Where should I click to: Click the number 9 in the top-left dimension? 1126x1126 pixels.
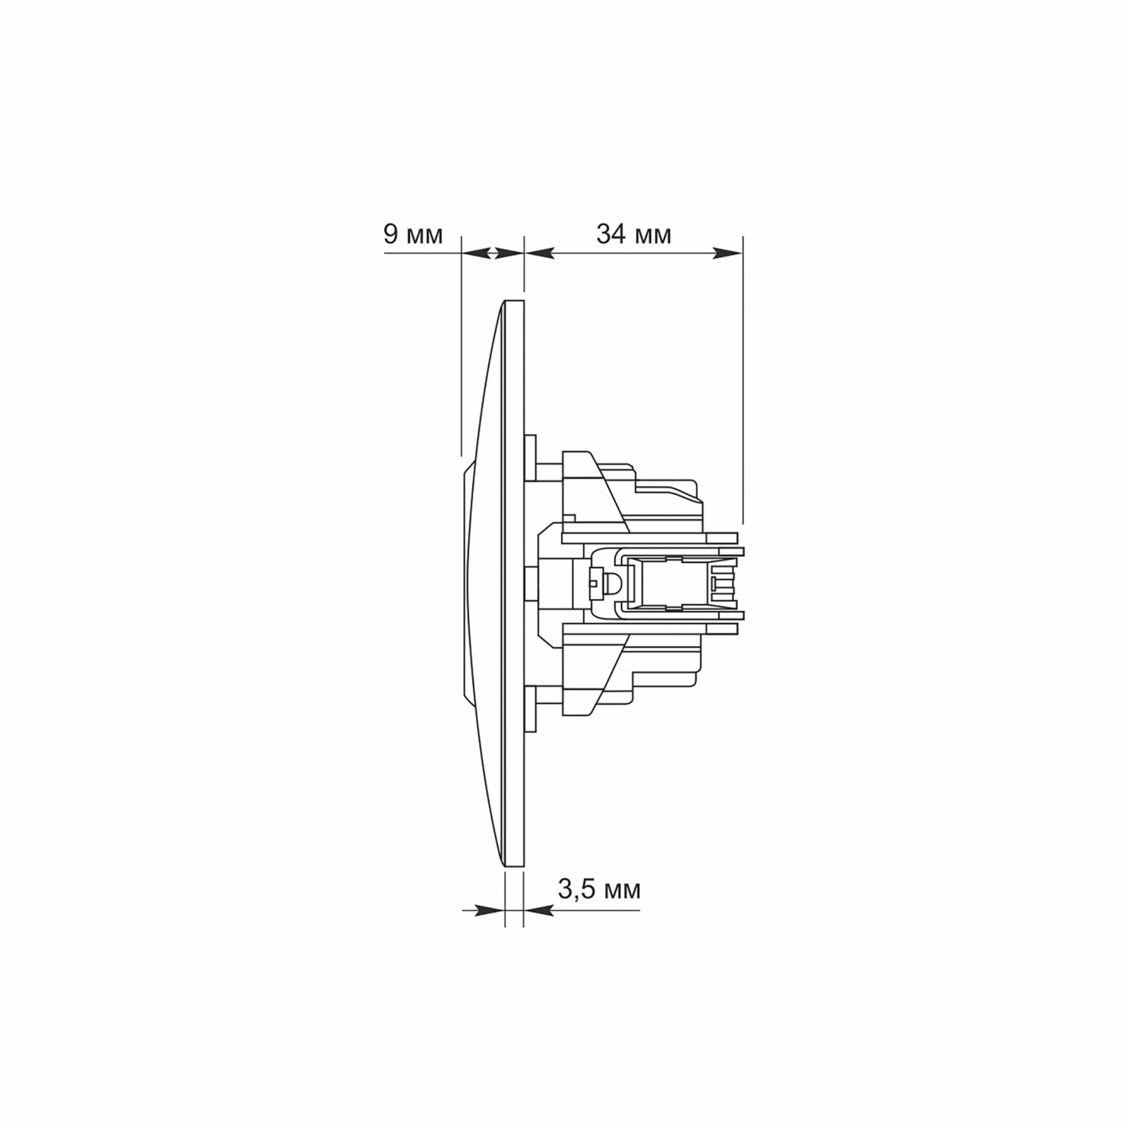(391, 234)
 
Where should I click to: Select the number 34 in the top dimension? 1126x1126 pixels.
(611, 234)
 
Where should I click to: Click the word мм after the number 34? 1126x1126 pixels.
(653, 237)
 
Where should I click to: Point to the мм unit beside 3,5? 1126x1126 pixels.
(623, 892)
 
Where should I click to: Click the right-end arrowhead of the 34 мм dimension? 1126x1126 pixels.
(727, 253)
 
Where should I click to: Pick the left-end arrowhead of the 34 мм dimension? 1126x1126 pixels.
(539, 253)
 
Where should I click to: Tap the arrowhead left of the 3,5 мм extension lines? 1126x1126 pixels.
(489, 910)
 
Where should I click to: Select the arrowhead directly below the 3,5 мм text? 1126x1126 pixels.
(539, 910)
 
